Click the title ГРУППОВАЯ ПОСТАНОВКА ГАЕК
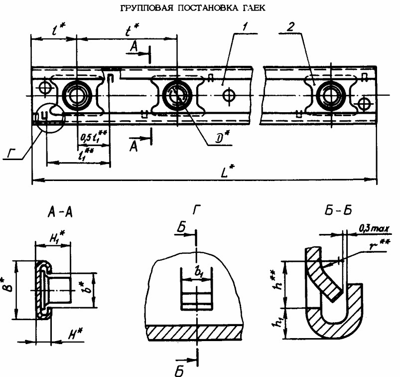click(x=200, y=8)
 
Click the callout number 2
click(x=289, y=27)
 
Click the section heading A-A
click(x=60, y=213)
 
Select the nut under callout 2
click(x=329, y=94)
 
